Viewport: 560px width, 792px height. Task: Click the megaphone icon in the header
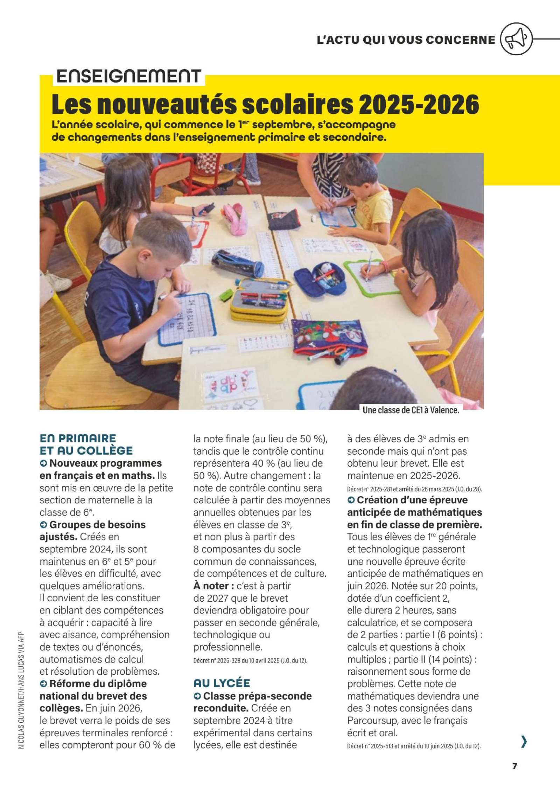[x=516, y=40]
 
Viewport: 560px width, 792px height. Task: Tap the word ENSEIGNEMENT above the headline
[x=128, y=76]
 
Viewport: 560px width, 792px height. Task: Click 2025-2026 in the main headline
[x=419, y=104]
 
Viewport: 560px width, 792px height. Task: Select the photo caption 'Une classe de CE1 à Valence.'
[x=411, y=410]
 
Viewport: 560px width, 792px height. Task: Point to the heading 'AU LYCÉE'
[x=222, y=683]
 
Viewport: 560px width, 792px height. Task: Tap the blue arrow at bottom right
[x=524, y=742]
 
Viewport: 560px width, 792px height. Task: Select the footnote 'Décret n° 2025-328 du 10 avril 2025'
[x=250, y=661]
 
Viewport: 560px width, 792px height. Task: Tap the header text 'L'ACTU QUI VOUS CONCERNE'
[x=406, y=40]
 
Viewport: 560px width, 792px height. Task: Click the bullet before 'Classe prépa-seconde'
[x=197, y=696]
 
